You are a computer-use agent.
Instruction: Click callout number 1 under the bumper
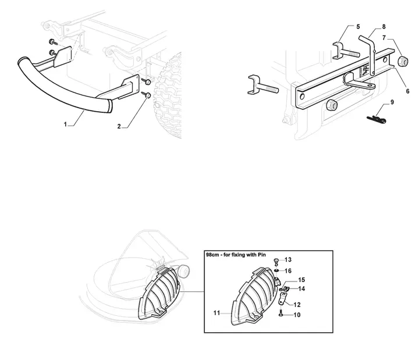pos(65,124)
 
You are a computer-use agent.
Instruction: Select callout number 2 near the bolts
pos(119,126)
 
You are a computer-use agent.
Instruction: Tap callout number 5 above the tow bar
pos(358,27)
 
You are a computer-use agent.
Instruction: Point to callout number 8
pos(384,27)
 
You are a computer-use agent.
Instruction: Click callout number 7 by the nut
pos(384,38)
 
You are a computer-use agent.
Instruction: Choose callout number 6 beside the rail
pos(407,91)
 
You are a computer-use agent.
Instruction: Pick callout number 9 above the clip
pos(392,102)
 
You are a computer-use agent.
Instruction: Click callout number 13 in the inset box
pos(288,259)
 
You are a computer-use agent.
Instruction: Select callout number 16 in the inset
pos(288,271)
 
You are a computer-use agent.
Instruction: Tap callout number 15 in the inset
pos(301,280)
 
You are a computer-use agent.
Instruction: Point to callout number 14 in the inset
pos(301,288)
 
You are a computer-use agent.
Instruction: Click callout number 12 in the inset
pos(297,305)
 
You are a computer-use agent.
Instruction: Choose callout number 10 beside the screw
pos(297,315)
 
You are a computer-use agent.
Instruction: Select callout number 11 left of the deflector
pos(216,313)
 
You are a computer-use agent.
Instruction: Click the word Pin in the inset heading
pos(261,255)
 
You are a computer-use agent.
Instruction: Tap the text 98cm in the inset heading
pos(211,255)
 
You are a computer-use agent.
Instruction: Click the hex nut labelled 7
pos(403,61)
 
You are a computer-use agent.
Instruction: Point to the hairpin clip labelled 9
pos(377,119)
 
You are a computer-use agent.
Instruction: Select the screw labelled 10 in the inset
pos(280,313)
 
